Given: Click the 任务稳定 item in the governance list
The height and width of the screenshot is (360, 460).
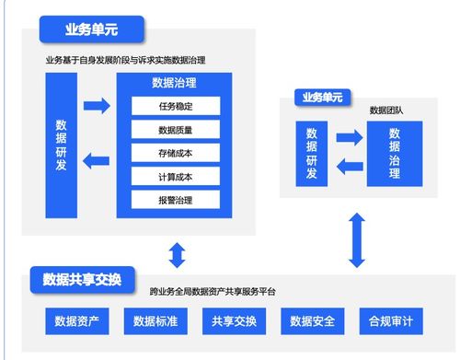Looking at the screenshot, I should pyautogui.click(x=175, y=106).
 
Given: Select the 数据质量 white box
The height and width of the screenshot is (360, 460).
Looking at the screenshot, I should pyautogui.click(x=175, y=130).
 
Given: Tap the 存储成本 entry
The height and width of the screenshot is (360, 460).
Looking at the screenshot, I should pyautogui.click(x=175, y=153).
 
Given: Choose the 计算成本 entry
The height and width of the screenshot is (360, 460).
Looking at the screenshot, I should pyautogui.click(x=175, y=176).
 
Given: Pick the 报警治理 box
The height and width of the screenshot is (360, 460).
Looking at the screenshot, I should pyautogui.click(x=175, y=199).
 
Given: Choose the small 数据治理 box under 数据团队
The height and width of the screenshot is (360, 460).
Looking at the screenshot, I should pyautogui.click(x=394, y=153).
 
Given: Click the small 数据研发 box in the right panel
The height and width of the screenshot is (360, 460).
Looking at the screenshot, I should pyautogui.click(x=312, y=153).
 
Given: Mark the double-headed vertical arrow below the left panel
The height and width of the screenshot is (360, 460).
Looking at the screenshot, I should pyautogui.click(x=177, y=253).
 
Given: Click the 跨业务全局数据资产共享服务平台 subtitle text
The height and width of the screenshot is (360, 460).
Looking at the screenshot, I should pyautogui.click(x=213, y=292).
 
